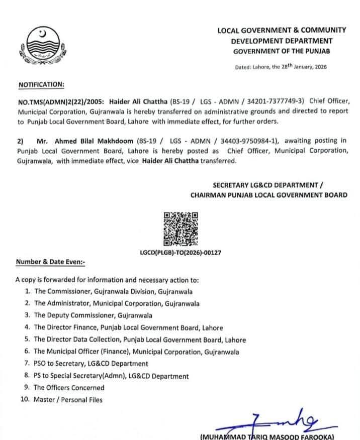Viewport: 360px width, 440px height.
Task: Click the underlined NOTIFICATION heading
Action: coord(42,84)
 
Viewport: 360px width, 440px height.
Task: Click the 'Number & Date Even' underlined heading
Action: coord(50,262)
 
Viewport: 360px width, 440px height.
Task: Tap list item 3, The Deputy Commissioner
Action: coord(93,315)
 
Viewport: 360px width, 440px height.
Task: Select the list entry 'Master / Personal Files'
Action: coord(68,400)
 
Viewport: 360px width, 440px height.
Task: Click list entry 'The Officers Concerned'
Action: coord(69,388)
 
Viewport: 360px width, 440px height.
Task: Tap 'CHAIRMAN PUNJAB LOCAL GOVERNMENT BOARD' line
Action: coord(268,195)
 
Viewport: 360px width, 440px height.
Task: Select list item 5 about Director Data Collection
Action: coord(139,340)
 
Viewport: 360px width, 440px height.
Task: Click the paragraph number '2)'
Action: coord(21,141)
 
